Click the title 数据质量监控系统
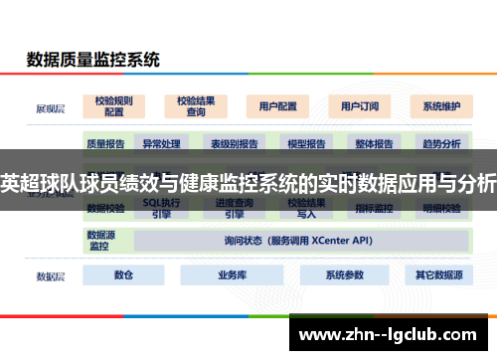click(x=92, y=59)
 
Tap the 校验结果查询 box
click(x=196, y=105)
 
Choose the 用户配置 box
click(x=277, y=105)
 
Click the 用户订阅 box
click(x=359, y=105)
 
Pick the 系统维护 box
click(x=441, y=105)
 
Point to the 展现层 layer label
click(x=52, y=105)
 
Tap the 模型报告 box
click(x=306, y=143)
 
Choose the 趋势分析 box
click(x=441, y=143)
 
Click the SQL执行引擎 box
click(x=161, y=208)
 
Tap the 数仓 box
click(x=123, y=274)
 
